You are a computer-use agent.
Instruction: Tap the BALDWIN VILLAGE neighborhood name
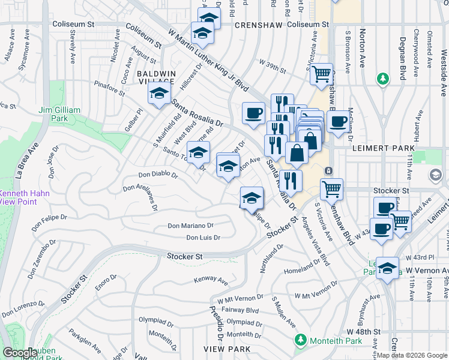pos(157,77)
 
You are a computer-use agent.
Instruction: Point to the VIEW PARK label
pos(221,349)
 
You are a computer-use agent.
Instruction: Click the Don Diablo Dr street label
pos(158,175)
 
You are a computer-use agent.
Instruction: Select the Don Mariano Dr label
pos(190,226)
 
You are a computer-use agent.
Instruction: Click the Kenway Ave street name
pos(211,280)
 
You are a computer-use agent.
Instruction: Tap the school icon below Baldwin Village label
pos(159,94)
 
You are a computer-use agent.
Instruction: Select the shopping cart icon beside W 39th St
pos(322,74)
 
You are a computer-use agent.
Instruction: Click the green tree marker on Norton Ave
pos(382,78)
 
